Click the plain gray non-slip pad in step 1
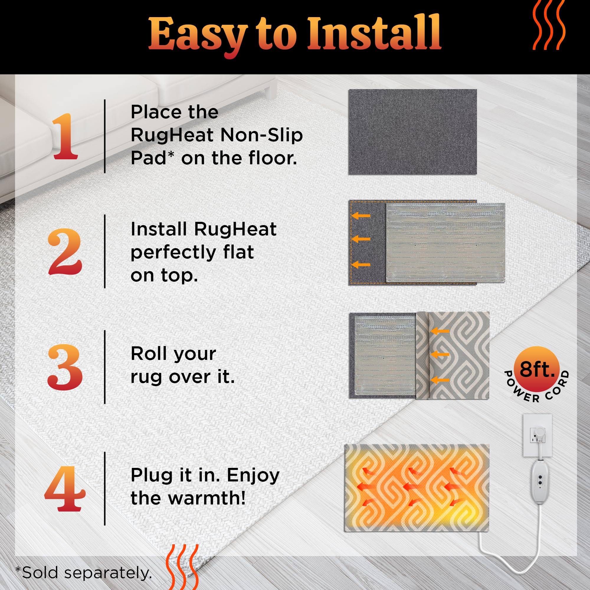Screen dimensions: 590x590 tap(413, 132)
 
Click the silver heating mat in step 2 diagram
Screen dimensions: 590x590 tap(445, 243)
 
